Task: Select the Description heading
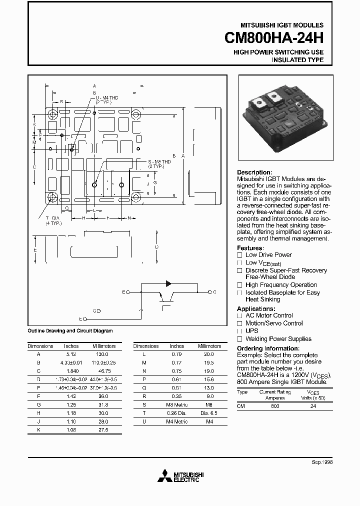point(254,172)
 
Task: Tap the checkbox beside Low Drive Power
point(240,255)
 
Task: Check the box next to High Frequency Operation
point(240,285)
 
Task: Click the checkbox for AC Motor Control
point(240,316)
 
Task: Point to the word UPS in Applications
point(252,331)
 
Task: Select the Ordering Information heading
point(268,348)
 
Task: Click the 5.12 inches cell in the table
point(71,353)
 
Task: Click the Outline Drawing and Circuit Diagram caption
point(70,330)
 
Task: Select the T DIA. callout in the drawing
point(53,220)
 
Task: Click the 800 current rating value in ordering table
point(275,406)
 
